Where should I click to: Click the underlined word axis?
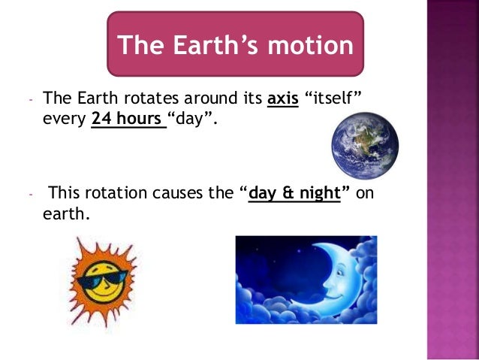click(283, 98)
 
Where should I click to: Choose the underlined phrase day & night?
click(294, 194)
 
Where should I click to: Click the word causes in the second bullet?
click(182, 194)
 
